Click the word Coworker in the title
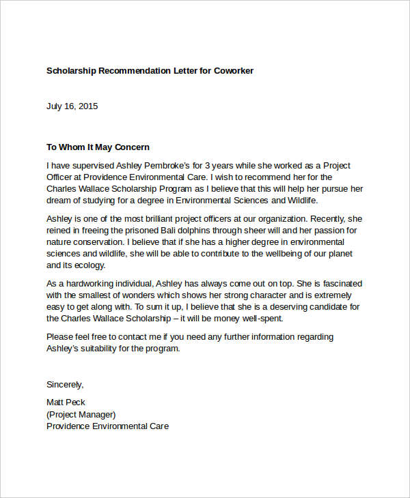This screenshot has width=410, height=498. point(233,70)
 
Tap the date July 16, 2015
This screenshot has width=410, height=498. point(72,106)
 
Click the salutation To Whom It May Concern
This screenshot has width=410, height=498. point(98,147)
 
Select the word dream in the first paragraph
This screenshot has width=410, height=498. point(59,201)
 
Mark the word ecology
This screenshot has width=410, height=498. point(91,266)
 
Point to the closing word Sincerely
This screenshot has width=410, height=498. point(64,384)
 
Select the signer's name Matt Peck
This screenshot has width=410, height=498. point(66,402)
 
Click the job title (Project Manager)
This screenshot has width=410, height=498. point(81,413)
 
